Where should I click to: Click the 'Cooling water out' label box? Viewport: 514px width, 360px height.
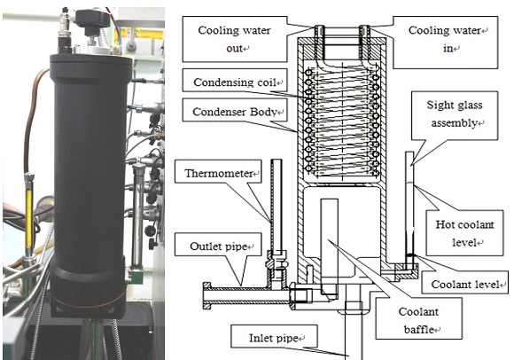click(x=234, y=39)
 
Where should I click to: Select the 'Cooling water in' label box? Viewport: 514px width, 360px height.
click(x=446, y=43)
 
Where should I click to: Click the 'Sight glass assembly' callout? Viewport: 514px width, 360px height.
click(x=455, y=115)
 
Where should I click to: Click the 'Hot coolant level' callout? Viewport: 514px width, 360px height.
click(x=464, y=233)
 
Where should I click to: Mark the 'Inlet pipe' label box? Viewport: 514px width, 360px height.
click(x=274, y=336)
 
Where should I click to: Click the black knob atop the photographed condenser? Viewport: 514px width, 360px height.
click(x=92, y=20)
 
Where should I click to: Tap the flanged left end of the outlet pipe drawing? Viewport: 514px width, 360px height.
click(x=207, y=296)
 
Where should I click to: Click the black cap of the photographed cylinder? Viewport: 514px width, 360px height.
click(x=91, y=67)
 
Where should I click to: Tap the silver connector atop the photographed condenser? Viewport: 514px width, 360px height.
click(x=63, y=29)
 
